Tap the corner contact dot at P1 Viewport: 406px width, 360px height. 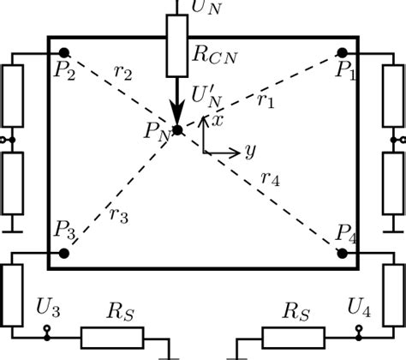tap(343, 53)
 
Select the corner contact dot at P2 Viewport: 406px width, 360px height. tap(64, 53)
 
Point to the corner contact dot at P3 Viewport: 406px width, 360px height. tap(63, 253)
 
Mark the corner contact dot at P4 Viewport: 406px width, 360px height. tap(343, 253)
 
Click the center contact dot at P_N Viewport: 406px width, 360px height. tap(177, 130)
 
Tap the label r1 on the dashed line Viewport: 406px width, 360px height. tap(266, 100)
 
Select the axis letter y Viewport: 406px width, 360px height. tap(250, 152)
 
